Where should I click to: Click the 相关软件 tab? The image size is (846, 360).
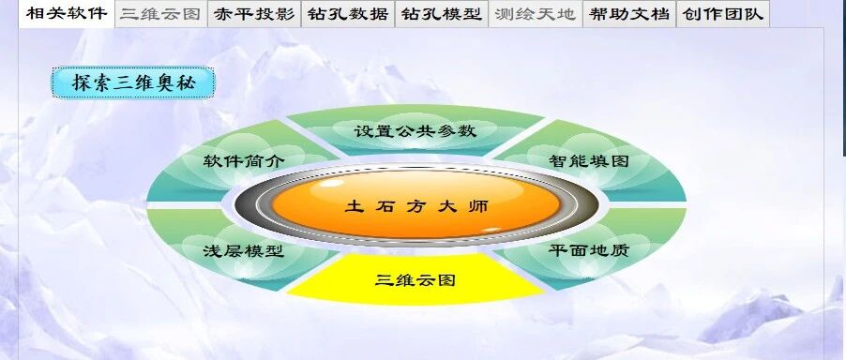(x=67, y=13)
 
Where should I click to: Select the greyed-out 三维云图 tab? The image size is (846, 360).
(x=160, y=14)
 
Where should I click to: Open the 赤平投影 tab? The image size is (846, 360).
(x=254, y=14)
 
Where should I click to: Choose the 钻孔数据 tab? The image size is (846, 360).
(x=348, y=14)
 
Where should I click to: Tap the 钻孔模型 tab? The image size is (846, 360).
(x=442, y=14)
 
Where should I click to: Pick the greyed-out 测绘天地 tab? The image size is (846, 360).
(x=536, y=14)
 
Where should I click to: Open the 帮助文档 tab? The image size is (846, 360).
(x=629, y=14)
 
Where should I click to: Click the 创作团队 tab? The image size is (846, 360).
(x=723, y=14)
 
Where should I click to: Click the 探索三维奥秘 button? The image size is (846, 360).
(x=133, y=83)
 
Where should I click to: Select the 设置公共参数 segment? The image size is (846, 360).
(x=415, y=130)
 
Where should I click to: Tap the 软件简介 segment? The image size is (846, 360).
(x=244, y=161)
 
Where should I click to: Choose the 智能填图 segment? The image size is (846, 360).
(x=589, y=161)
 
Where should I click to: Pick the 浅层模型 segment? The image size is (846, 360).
(x=244, y=250)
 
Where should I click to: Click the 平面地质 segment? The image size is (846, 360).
(x=589, y=250)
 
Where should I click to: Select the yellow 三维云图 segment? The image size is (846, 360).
(x=415, y=279)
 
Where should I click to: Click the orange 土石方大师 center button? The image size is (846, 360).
(x=416, y=204)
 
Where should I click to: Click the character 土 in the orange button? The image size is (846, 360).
(x=354, y=206)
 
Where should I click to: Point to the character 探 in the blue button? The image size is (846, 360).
(x=81, y=83)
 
